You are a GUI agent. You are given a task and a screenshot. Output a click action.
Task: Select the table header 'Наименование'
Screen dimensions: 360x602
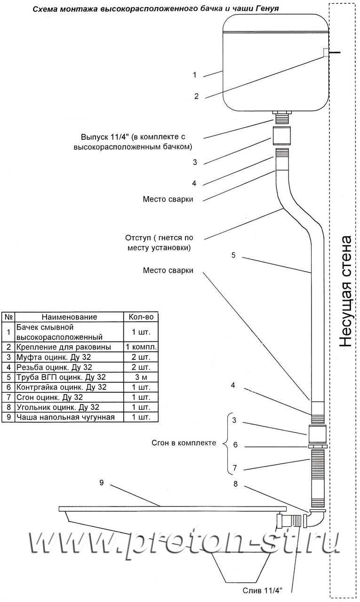(69, 317)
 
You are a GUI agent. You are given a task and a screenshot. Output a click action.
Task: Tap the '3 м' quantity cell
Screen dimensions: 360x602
(141, 377)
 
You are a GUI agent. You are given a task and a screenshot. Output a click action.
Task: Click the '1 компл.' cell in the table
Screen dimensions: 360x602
(141, 347)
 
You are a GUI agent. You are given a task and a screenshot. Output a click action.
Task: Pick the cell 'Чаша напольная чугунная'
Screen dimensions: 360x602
(65, 417)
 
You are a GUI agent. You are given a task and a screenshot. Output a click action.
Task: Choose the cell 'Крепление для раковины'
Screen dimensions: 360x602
(64, 347)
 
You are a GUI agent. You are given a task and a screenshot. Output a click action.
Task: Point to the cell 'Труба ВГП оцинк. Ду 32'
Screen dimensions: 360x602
(61, 377)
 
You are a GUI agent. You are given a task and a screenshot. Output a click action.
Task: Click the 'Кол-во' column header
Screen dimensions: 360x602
(141, 317)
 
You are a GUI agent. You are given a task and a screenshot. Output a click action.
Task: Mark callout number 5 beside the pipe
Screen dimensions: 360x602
(233, 255)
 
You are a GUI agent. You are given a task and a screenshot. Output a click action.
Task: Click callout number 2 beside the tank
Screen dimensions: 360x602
(196, 96)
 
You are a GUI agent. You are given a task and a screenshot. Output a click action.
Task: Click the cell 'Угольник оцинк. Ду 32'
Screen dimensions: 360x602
(58, 407)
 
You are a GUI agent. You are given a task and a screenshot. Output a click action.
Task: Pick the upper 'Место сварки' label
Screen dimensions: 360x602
(168, 199)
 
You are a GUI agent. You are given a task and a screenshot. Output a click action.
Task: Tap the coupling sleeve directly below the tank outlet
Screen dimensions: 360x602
(281, 136)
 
